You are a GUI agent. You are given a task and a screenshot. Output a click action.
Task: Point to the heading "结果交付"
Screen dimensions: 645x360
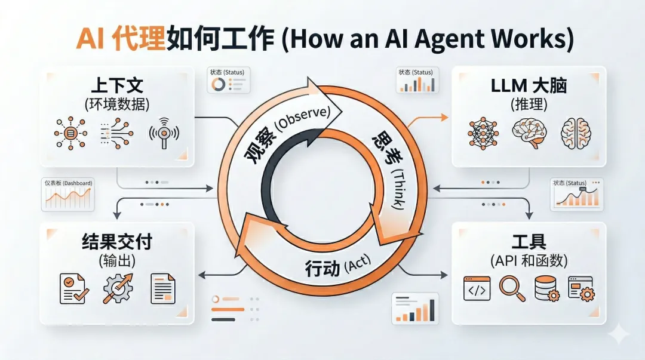[x=117, y=242]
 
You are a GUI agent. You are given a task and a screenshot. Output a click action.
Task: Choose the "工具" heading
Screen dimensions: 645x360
[x=529, y=242]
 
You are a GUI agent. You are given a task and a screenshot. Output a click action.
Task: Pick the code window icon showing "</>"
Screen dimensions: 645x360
[x=477, y=288]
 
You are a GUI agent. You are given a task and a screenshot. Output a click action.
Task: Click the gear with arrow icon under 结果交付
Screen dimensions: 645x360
[x=118, y=288]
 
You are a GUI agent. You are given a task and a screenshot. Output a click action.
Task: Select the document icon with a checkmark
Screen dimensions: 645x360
[x=74, y=288]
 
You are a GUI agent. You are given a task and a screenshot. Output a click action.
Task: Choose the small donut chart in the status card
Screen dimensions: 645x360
[x=219, y=84]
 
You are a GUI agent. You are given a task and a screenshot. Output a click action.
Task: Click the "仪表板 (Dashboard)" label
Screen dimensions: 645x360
[x=69, y=183]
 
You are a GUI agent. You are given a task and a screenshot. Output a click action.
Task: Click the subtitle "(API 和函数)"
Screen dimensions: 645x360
[x=529, y=261]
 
